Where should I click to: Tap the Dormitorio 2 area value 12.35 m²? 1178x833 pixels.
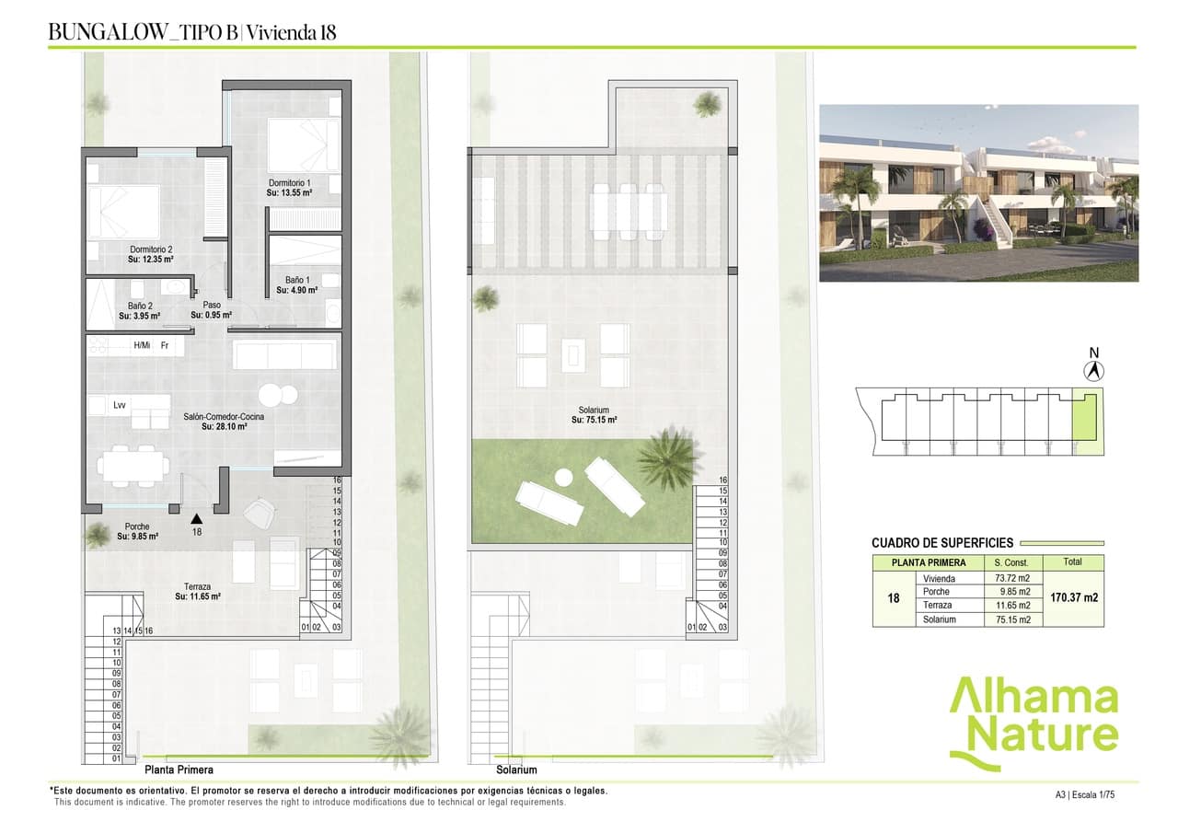[151, 260]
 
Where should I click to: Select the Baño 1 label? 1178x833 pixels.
[296, 279]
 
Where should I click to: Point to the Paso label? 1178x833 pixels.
[212, 305]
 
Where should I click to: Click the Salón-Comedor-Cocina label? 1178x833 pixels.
[224, 417]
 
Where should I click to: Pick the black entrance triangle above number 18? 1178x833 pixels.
[196, 519]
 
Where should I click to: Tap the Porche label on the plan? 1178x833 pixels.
[137, 526]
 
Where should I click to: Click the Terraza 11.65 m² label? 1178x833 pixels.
[197, 596]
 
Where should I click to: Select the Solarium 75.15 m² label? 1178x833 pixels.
[594, 421]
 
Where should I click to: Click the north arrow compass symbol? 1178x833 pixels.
[1094, 371]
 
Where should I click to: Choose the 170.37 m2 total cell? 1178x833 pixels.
[1074, 597]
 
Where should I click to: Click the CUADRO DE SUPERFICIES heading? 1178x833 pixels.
[942, 543]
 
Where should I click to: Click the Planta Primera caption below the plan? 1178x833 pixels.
[179, 769]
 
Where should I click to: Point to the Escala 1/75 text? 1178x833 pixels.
[1095, 793]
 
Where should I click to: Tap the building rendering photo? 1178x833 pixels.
[978, 192]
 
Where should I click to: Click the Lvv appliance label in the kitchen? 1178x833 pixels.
[120, 404]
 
